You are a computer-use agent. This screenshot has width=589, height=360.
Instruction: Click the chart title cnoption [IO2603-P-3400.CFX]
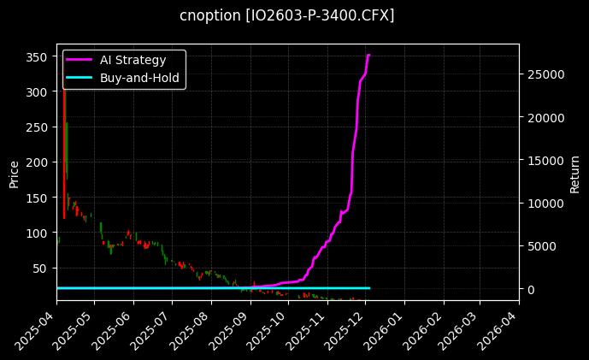pyautogui.click(x=287, y=16)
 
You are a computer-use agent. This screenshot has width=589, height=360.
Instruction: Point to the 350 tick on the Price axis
pyautogui.click(x=36, y=56)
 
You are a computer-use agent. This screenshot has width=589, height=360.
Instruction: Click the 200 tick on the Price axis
pyautogui.click(x=36, y=162)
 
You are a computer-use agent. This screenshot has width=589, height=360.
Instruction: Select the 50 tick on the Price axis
pyautogui.click(x=39, y=269)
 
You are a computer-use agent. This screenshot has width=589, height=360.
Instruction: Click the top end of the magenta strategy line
pyautogui.click(x=368, y=56)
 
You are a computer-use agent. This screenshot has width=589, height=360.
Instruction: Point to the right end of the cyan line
pyautogui.click(x=369, y=288)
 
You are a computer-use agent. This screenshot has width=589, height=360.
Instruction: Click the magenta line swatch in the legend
pyautogui.click(x=80, y=60)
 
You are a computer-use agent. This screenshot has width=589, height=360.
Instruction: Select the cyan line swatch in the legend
pyautogui.click(x=80, y=77)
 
